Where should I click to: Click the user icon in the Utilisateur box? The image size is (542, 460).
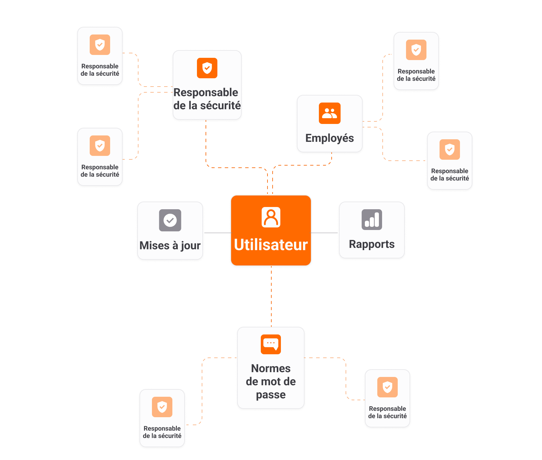pyautogui.click(x=271, y=217)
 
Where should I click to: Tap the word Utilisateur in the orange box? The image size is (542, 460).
pyautogui.click(x=271, y=245)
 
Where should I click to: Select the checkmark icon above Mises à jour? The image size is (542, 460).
pyautogui.click(x=170, y=220)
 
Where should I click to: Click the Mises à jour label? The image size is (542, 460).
pyautogui.click(x=170, y=245)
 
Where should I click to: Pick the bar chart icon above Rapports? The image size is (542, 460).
pyautogui.click(x=372, y=219)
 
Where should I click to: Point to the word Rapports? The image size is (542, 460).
pyautogui.click(x=372, y=244)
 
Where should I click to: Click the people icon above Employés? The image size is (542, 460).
pyautogui.click(x=330, y=113)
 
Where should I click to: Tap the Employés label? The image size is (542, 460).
pyautogui.click(x=330, y=138)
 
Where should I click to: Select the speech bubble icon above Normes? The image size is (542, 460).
pyautogui.click(x=271, y=344)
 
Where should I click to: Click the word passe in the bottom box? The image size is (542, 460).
pyautogui.click(x=271, y=395)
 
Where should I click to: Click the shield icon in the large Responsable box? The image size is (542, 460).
pyautogui.click(x=207, y=68)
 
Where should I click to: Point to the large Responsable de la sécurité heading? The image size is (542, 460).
pyautogui.click(x=207, y=99)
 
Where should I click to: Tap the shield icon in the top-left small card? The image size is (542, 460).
pyautogui.click(x=100, y=45)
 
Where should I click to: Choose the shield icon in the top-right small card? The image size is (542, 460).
pyautogui.click(x=416, y=50)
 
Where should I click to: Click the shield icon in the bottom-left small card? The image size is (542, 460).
pyautogui.click(x=162, y=407)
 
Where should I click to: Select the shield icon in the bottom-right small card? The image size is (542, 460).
pyautogui.click(x=388, y=387)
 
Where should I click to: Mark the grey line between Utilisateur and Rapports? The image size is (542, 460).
pyautogui.click(x=325, y=233)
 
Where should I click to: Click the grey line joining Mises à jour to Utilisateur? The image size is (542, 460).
pyautogui.click(x=217, y=233)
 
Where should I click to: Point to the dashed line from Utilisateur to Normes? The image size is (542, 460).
pyautogui.click(x=271, y=295)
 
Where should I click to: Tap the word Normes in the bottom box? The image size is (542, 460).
pyautogui.click(x=271, y=368)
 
